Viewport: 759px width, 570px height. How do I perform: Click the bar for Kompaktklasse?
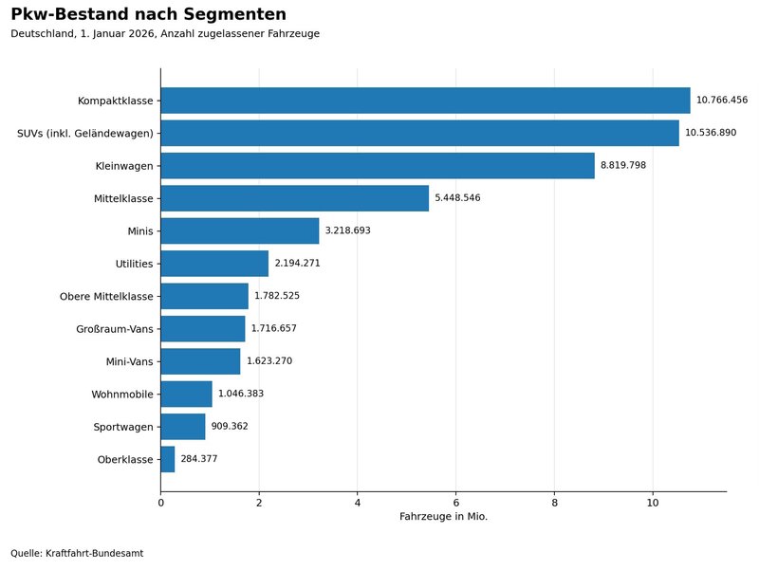(x=425, y=101)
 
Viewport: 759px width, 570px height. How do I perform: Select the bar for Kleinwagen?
(x=378, y=166)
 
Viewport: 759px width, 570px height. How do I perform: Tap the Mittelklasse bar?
(x=294, y=198)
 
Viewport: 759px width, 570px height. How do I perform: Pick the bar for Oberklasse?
(x=168, y=459)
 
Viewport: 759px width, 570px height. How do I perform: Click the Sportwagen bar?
(x=183, y=427)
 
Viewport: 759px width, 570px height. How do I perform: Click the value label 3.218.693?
(x=347, y=230)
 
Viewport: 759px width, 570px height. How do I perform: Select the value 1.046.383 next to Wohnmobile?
(x=241, y=394)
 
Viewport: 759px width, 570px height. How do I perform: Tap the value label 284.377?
(x=199, y=459)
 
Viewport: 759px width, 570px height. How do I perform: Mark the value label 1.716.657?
(x=273, y=328)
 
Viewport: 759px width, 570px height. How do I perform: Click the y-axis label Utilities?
(x=134, y=264)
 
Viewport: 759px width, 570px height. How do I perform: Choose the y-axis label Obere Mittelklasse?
(x=106, y=297)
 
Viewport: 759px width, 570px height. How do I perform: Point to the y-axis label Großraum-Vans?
(x=115, y=329)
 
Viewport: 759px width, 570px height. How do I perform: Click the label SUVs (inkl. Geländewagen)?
(x=85, y=134)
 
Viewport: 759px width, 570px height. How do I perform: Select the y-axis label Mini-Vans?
(x=130, y=362)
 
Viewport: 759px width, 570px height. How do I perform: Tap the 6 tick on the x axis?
(x=455, y=503)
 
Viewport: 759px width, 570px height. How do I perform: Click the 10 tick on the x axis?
(x=653, y=503)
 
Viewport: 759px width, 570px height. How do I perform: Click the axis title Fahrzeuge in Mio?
(x=443, y=517)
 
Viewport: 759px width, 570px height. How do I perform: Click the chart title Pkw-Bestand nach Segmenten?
(x=148, y=14)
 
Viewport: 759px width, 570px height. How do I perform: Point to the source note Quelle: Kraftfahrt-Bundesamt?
(x=77, y=553)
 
